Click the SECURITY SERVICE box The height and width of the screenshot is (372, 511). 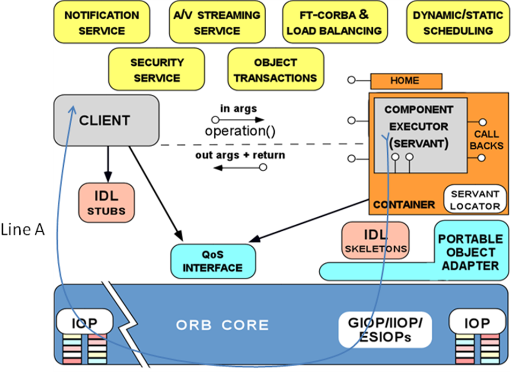[156, 70]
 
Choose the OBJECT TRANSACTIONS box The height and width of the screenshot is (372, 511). [275, 70]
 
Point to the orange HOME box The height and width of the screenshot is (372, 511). [405, 81]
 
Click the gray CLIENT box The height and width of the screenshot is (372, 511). [106, 120]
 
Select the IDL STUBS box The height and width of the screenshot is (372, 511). [107, 202]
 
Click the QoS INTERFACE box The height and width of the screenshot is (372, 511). [213, 261]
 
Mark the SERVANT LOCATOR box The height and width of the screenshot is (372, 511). [475, 200]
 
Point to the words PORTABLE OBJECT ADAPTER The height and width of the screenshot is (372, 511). [470, 252]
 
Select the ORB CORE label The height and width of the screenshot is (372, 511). [222, 325]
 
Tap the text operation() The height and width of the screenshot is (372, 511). [240, 131]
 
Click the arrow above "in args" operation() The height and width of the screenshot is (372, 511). [238, 120]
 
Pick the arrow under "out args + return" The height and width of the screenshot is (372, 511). [238, 168]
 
